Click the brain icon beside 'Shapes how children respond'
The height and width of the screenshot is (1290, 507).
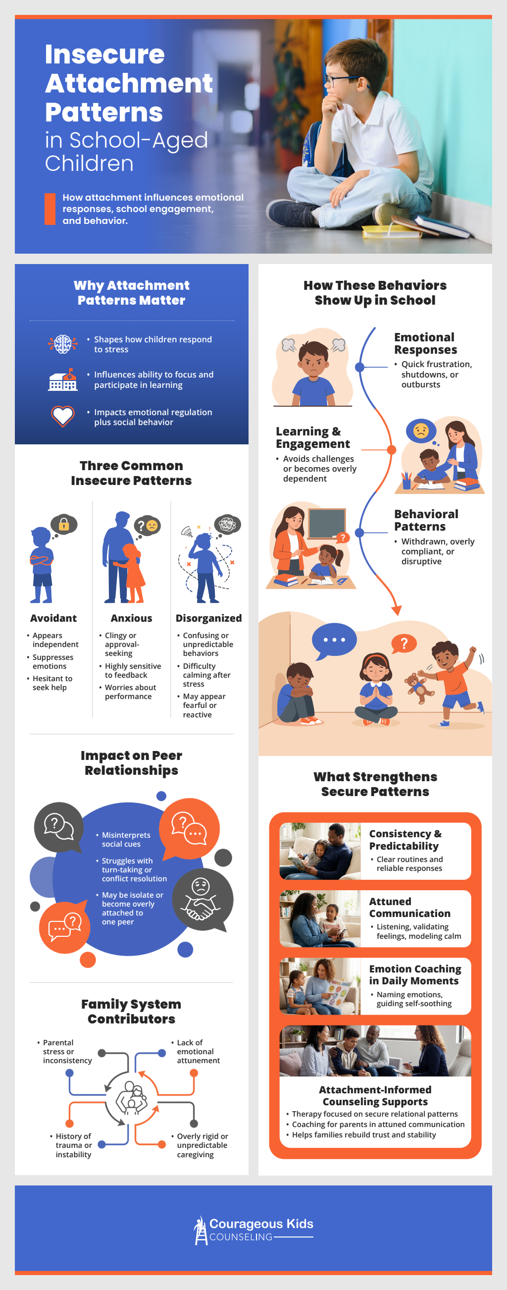pos(62,344)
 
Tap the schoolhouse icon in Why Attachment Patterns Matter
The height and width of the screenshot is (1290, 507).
pos(63,380)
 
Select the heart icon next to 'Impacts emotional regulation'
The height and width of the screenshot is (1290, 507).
pos(63,416)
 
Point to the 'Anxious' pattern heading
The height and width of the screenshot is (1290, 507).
pos(131,618)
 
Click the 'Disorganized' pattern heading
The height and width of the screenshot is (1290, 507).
pos(208,618)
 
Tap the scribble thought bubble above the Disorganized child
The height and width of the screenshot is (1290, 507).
pos(227,524)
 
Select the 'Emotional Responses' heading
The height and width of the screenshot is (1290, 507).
pos(425,343)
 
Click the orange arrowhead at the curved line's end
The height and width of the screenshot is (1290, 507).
pos(397,610)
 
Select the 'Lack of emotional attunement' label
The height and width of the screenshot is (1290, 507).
pos(198,1051)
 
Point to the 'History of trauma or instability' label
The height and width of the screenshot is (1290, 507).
pos(74,1145)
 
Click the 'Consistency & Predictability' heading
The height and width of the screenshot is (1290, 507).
pos(405,839)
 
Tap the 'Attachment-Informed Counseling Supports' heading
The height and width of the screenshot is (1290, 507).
pos(375,1095)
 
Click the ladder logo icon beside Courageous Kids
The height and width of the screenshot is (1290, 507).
pos(201,1230)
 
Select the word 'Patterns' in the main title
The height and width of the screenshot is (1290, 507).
pos(104,112)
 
